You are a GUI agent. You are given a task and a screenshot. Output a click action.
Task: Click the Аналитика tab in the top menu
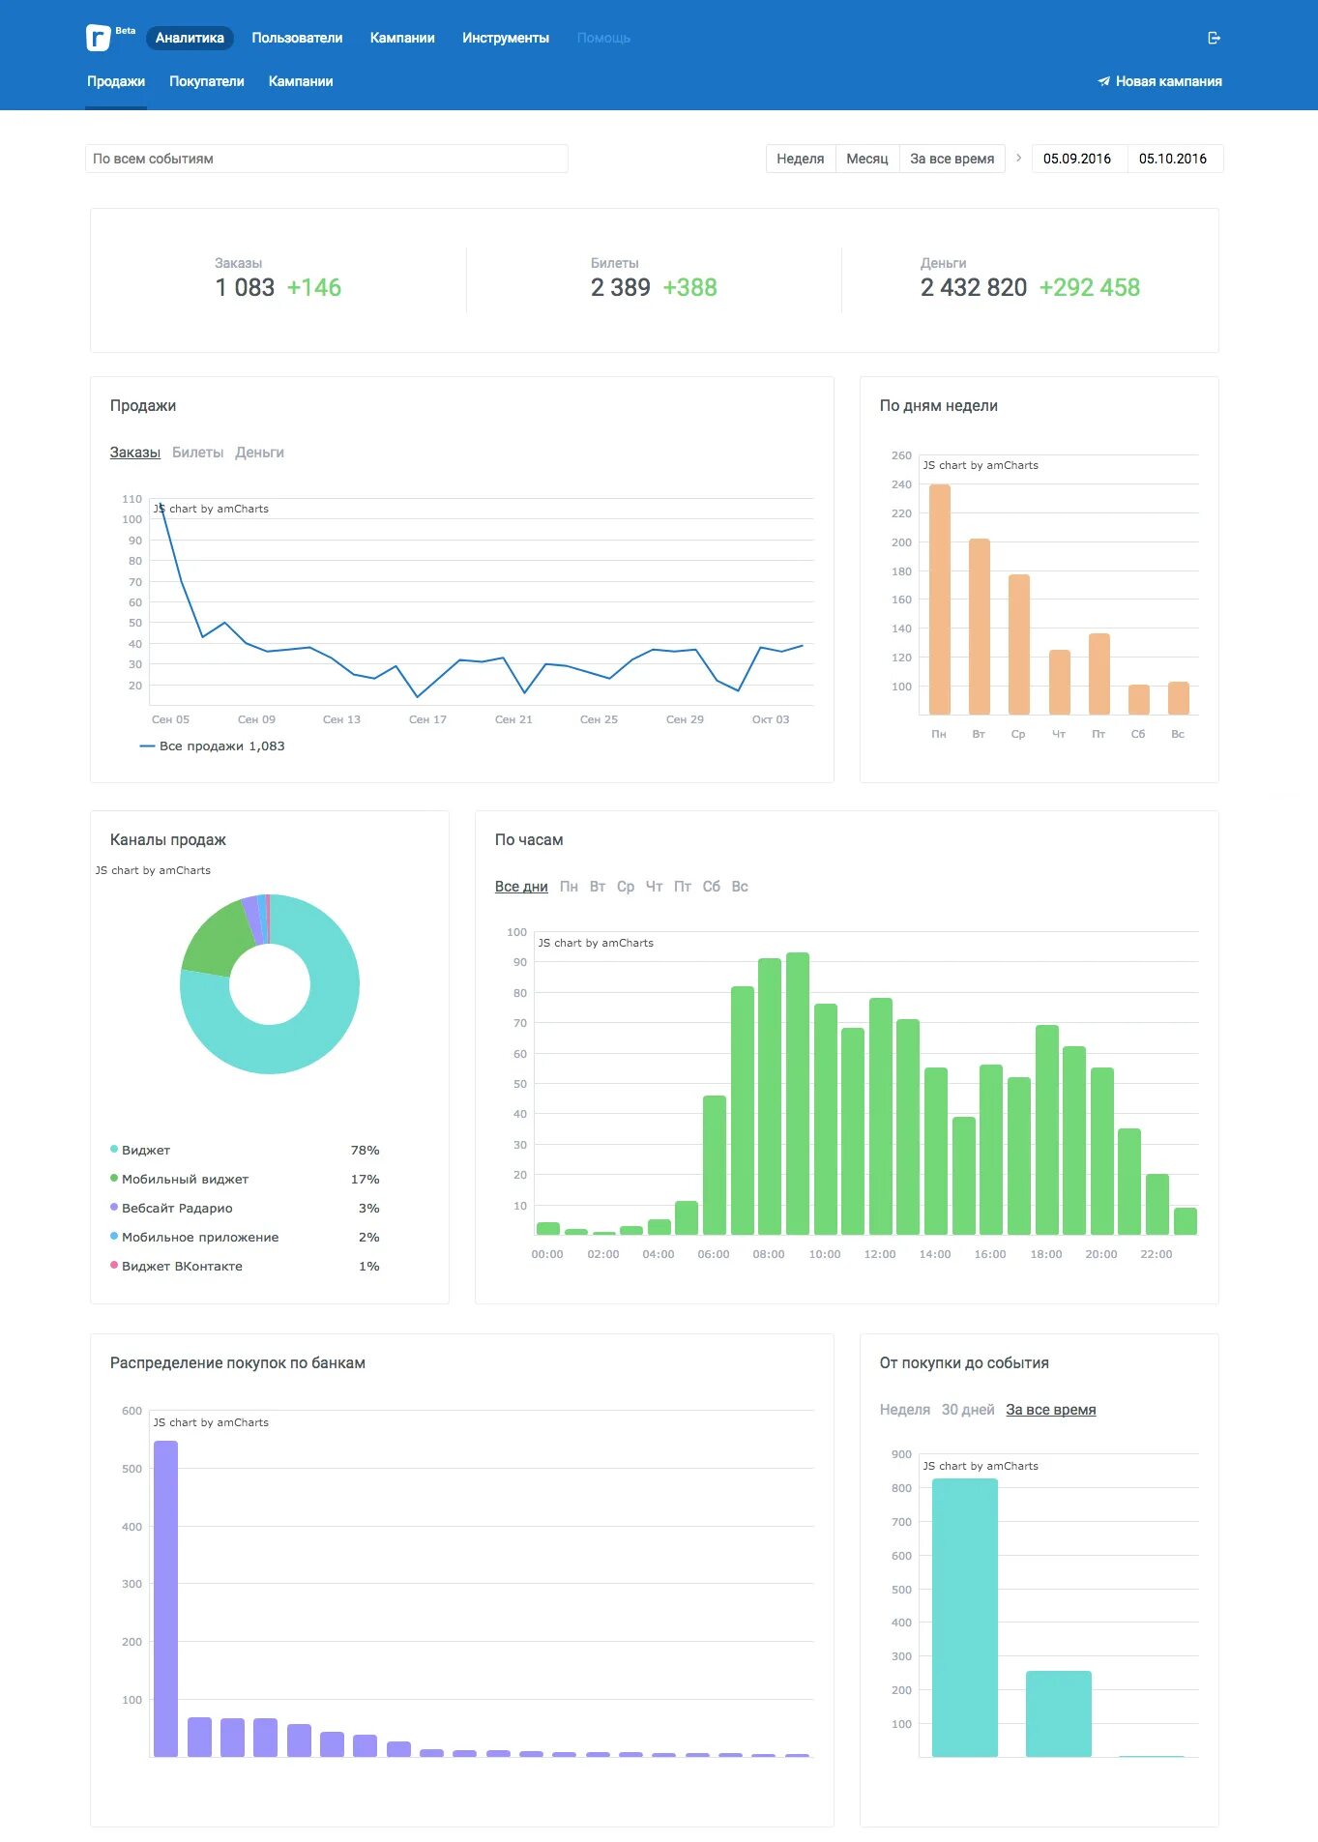pyautogui.click(x=190, y=38)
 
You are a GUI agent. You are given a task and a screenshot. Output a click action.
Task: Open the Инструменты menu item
pyautogui.click(x=506, y=38)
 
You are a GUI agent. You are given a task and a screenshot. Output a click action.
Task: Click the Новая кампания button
pyautogui.click(x=1159, y=81)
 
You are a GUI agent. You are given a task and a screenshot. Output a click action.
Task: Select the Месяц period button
pyautogui.click(x=867, y=159)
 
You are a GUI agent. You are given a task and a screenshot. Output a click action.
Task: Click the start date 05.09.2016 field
pyautogui.click(x=1077, y=159)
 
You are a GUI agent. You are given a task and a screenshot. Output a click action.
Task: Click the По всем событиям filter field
pyautogui.click(x=327, y=159)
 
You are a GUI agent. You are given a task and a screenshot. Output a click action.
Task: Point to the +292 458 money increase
pyautogui.click(x=1090, y=287)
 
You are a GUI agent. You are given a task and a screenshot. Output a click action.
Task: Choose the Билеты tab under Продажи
pyautogui.click(x=197, y=453)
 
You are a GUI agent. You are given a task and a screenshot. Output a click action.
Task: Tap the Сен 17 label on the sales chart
pyautogui.click(x=427, y=719)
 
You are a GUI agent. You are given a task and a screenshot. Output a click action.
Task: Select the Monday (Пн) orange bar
pyautogui.click(x=940, y=599)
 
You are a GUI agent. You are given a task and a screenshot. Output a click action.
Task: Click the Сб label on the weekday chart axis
pyautogui.click(x=1138, y=734)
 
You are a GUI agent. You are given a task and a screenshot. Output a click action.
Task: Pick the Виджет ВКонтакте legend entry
pyautogui.click(x=182, y=1266)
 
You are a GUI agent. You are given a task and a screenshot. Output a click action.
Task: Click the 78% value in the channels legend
pyautogui.click(x=365, y=1150)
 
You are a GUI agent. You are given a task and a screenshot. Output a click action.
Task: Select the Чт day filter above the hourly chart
pyautogui.click(x=655, y=887)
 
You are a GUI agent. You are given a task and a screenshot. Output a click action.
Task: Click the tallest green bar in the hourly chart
pyautogui.click(x=798, y=1094)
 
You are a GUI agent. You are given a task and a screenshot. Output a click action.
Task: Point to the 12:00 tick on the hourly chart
pyautogui.click(x=880, y=1254)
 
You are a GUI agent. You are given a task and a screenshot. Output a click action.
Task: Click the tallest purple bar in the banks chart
pyautogui.click(x=166, y=1598)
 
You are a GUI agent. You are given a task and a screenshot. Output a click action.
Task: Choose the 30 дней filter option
pyautogui.click(x=968, y=1410)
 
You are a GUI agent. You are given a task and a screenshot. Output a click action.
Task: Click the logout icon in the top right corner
pyautogui.click(x=1215, y=38)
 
